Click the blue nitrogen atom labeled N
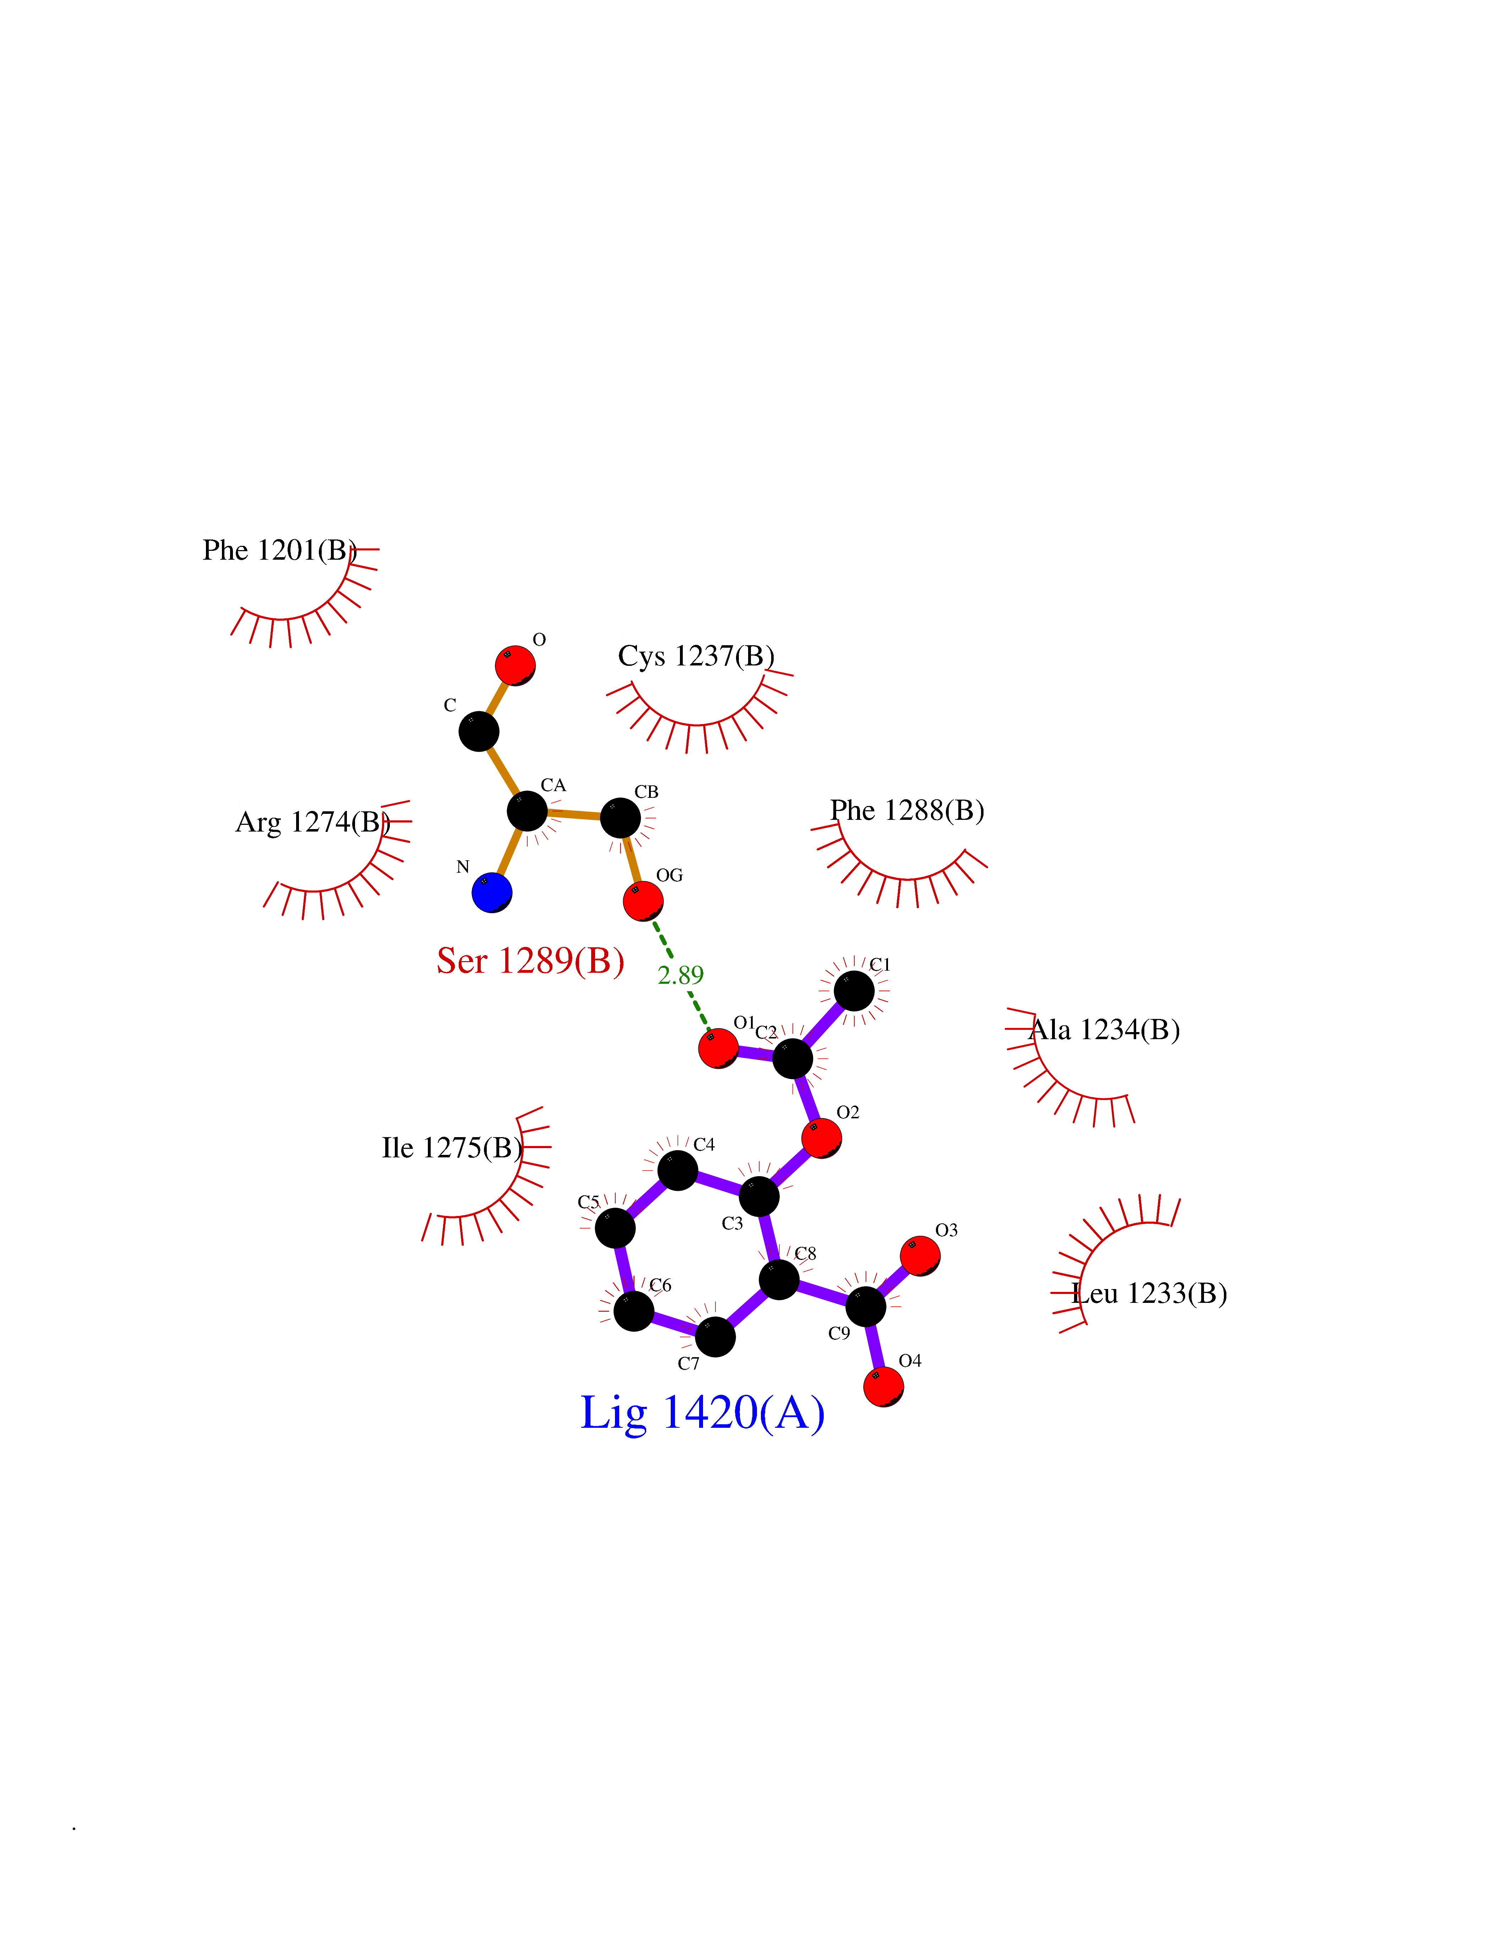pyautogui.click(x=492, y=892)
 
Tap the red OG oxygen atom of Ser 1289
pyautogui.click(x=643, y=901)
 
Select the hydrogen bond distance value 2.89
pyautogui.click(x=680, y=975)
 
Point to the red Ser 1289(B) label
pyautogui.click(x=530, y=961)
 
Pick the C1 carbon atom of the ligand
pyautogui.click(x=854, y=991)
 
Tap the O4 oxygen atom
pyautogui.click(x=883, y=1386)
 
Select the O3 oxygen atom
pyautogui.click(x=920, y=1256)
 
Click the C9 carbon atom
pyautogui.click(x=865, y=1307)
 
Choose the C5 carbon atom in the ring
pyautogui.click(x=615, y=1228)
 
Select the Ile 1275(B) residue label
pyautogui.click(x=451, y=1148)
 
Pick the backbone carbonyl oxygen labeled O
pyautogui.click(x=516, y=665)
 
